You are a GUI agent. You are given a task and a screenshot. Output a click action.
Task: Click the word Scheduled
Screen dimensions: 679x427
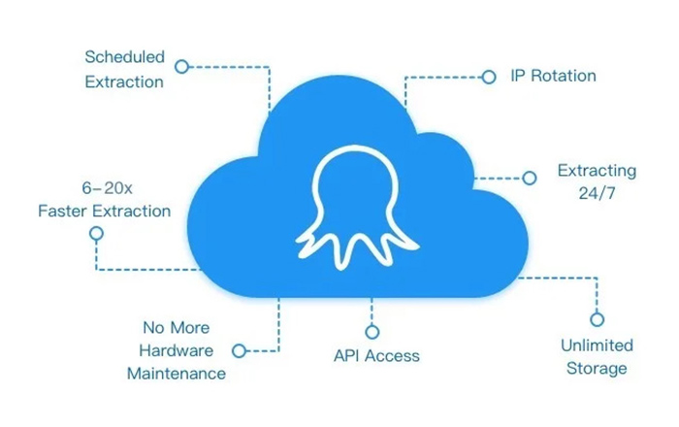point(125,56)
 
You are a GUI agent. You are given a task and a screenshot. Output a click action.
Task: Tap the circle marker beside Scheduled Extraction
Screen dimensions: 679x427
point(182,67)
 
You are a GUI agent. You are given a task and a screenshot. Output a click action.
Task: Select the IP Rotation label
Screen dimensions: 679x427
point(553,76)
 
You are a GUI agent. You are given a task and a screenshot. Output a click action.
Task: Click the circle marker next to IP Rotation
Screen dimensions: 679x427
point(489,77)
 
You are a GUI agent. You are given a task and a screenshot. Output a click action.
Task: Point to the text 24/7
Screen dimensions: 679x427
point(597,193)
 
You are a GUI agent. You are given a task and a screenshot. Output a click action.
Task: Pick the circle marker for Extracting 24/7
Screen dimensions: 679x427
point(530,178)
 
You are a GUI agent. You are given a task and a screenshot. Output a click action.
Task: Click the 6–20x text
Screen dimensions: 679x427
point(107,188)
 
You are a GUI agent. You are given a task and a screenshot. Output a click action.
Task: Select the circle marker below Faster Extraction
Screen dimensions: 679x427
point(96,234)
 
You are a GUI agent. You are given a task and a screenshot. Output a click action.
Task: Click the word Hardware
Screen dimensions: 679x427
point(177,350)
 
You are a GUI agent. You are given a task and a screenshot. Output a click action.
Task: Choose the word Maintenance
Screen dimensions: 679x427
point(177,374)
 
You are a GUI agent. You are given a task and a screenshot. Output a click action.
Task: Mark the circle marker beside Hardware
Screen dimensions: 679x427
point(239,350)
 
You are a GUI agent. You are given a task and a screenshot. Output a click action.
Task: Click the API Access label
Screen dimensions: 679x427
point(376,356)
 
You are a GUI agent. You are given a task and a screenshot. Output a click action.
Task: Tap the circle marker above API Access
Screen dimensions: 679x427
point(372,332)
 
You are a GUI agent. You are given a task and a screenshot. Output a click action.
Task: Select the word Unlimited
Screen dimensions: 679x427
point(597,345)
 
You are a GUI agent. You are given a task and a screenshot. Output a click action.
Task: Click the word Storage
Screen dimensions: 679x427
point(597,369)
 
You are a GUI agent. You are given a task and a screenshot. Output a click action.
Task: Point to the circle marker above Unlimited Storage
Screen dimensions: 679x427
point(598,319)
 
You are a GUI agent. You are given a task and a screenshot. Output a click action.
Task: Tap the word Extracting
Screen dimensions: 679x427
point(597,171)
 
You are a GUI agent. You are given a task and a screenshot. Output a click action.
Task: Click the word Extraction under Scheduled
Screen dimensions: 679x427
point(124,82)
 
